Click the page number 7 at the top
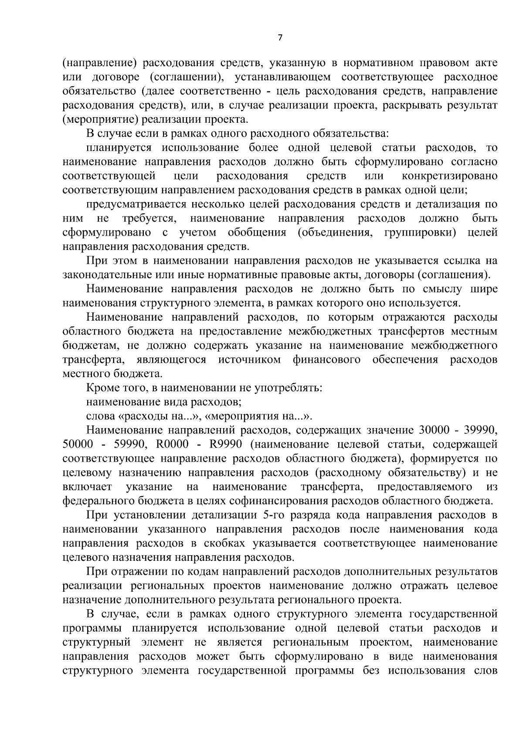(x=280, y=38)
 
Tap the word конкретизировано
(x=449, y=176)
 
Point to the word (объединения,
(x=335, y=233)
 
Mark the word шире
(x=484, y=289)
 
